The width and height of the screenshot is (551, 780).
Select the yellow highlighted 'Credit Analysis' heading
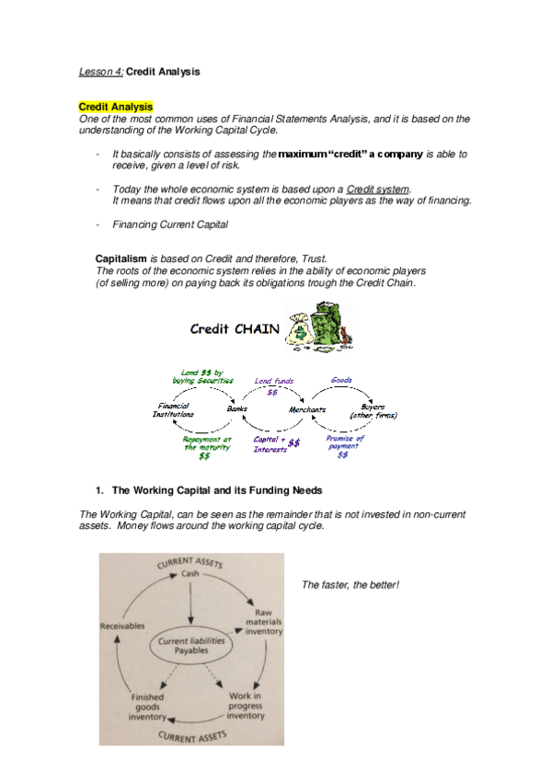(x=116, y=108)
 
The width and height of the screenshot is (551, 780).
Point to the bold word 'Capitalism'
(x=121, y=259)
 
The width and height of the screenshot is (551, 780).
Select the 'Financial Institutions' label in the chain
(x=174, y=409)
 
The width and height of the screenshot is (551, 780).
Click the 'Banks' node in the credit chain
(x=237, y=407)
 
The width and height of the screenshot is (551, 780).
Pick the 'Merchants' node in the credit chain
(x=308, y=408)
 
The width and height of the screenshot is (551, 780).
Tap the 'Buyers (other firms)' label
(x=373, y=410)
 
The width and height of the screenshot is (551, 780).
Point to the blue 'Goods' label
(x=340, y=379)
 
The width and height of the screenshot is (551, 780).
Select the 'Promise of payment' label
(x=344, y=445)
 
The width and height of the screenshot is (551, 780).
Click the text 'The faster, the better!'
(x=350, y=585)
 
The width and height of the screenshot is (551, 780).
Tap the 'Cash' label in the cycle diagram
(x=189, y=573)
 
